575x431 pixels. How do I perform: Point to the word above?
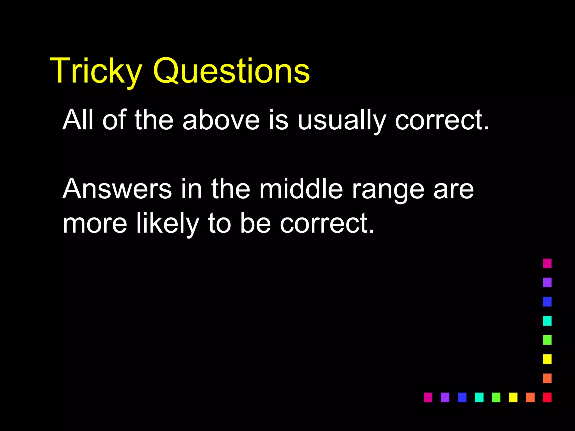coord(221,120)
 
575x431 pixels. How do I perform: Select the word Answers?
coord(117,189)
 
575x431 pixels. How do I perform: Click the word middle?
coord(301,189)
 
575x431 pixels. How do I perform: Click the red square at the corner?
coord(547,397)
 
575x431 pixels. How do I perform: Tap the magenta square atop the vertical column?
coord(547,263)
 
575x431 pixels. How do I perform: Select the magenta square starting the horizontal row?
coord(428,397)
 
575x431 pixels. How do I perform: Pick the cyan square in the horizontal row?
coord(479,397)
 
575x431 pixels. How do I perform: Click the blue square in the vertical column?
coord(547,302)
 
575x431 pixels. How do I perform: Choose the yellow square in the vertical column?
coord(547,359)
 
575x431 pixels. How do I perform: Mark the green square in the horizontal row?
coord(496,397)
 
